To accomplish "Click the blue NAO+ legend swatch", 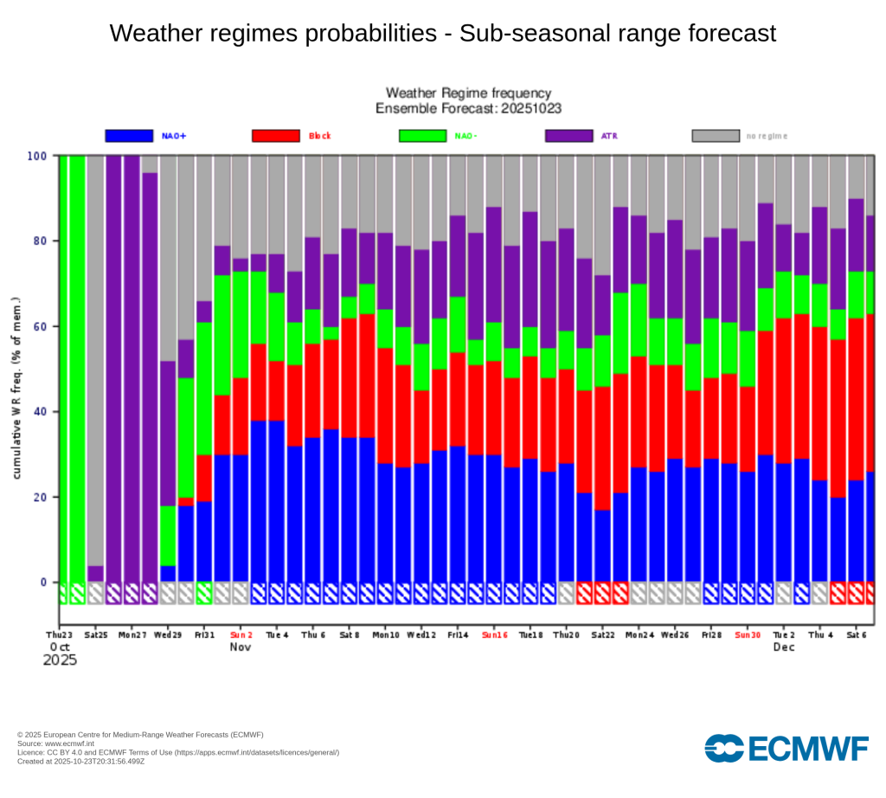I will pyautogui.click(x=129, y=136).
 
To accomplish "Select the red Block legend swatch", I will pyautogui.click(x=275, y=136).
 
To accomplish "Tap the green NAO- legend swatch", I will pyautogui.click(x=422, y=136).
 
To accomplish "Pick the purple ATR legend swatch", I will pyautogui.click(x=568, y=136).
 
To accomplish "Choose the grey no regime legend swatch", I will pyautogui.click(x=716, y=136).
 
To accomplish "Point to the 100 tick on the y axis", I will pyautogui.click(x=39, y=156).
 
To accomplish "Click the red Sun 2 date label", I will pyautogui.click(x=241, y=634).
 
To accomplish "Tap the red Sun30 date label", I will pyautogui.click(x=747, y=634).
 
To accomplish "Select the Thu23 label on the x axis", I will pyautogui.click(x=60, y=634).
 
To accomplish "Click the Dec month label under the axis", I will pyautogui.click(x=783, y=647).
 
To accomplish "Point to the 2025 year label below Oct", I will pyautogui.click(x=60, y=660).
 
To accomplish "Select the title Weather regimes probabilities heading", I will pyautogui.click(x=442, y=34).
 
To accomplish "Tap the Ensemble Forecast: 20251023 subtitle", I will pyautogui.click(x=468, y=108).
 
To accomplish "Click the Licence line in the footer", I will pyautogui.click(x=178, y=752).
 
